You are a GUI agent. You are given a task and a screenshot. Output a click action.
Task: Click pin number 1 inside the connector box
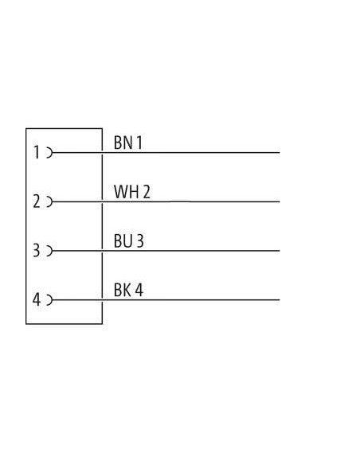[x=37, y=152]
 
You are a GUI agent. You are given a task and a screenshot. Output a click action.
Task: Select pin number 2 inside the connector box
[x=37, y=201]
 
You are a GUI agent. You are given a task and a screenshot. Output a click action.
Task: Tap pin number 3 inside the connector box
[x=36, y=251]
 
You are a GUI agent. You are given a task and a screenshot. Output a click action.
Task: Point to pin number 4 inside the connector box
[x=37, y=299]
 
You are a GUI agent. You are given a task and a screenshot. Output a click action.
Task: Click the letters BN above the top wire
[x=123, y=143]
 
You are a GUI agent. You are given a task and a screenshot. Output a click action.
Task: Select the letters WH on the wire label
[x=126, y=192]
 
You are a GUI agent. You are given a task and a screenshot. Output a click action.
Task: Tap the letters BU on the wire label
[x=123, y=240]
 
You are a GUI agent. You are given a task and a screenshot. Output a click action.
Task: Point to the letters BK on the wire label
[x=123, y=290]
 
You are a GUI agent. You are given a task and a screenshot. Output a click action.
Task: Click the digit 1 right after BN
[x=139, y=143]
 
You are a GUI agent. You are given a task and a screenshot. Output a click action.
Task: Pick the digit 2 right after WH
[x=147, y=192]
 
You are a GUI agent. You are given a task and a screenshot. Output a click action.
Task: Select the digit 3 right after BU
[x=140, y=240]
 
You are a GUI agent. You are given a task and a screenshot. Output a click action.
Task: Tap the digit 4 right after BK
[x=139, y=290]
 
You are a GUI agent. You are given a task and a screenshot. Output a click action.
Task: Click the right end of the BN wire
[x=280, y=153]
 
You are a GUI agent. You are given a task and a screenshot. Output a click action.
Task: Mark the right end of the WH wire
[x=280, y=201]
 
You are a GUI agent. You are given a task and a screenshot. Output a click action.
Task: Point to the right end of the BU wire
[x=280, y=251]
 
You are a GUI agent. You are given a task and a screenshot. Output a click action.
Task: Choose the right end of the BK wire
[x=280, y=300]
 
